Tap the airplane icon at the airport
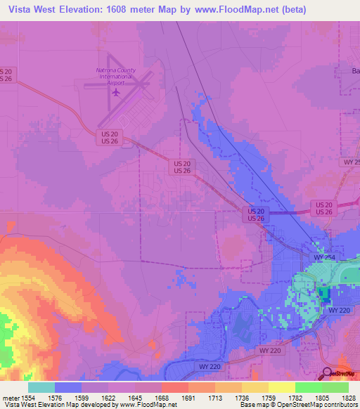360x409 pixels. tap(116, 91)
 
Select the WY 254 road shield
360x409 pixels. tap(323, 258)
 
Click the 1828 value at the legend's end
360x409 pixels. tap(349, 397)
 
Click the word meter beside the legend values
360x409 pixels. tap(11, 397)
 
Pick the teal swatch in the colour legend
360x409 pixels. tap(41, 387)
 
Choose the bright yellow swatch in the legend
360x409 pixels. tap(281, 387)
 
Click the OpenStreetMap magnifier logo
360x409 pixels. tap(327, 373)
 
